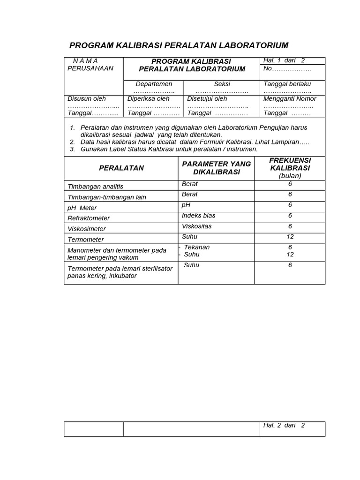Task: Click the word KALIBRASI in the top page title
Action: click(136, 45)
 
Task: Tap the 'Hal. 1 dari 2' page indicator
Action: click(284, 60)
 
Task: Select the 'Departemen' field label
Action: click(154, 84)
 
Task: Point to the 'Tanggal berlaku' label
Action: click(287, 84)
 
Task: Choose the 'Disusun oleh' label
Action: click(87, 99)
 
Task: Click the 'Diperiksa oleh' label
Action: click(149, 99)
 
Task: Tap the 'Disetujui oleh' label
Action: click(207, 99)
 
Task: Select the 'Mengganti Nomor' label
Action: click(290, 99)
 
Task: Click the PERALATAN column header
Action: click(121, 168)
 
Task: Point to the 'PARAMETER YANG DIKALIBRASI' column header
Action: click(216, 168)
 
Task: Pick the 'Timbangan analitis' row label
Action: click(96, 187)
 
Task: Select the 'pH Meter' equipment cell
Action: click(82, 208)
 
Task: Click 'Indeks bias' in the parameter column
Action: click(199, 216)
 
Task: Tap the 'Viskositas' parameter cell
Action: click(197, 226)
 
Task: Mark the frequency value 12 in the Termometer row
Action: click(290, 237)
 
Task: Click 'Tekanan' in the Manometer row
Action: click(197, 247)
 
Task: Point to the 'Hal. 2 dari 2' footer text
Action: click(284, 425)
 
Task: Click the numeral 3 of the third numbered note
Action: click(73, 149)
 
